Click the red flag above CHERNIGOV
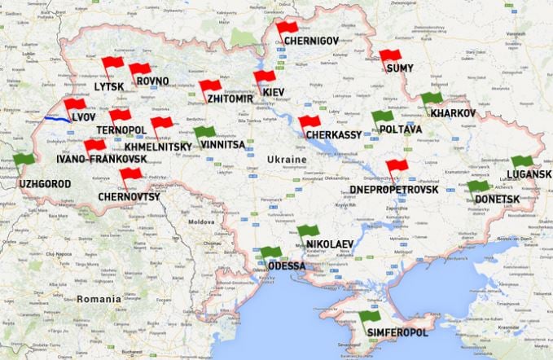[x=287, y=28]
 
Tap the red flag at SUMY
[x=390, y=56]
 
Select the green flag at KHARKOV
[x=431, y=99]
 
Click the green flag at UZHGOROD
[x=24, y=159]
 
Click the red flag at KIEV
[x=264, y=77]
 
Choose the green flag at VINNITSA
[x=204, y=132]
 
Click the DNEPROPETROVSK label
[x=394, y=189]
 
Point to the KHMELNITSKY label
[x=158, y=147]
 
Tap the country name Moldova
[x=200, y=222]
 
